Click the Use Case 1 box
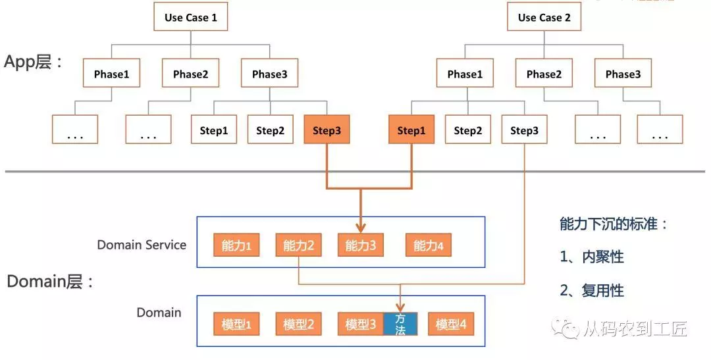tap(190, 16)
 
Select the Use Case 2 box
tap(544, 16)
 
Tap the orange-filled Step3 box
tap(327, 130)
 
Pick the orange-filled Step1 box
tap(411, 130)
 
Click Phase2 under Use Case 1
tap(190, 73)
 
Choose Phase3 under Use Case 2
tap(623, 73)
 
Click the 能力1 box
tap(236, 245)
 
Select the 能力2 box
tap(298, 245)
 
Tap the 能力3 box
tap(361, 245)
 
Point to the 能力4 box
tap(429, 245)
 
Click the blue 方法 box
tap(400, 324)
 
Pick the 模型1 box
tap(236, 324)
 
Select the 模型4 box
tap(451, 324)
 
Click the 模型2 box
tap(298, 324)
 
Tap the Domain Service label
tap(142, 245)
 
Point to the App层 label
tap(33, 62)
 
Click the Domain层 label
tap(50, 282)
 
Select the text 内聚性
tap(602, 257)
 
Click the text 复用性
tap(602, 291)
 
